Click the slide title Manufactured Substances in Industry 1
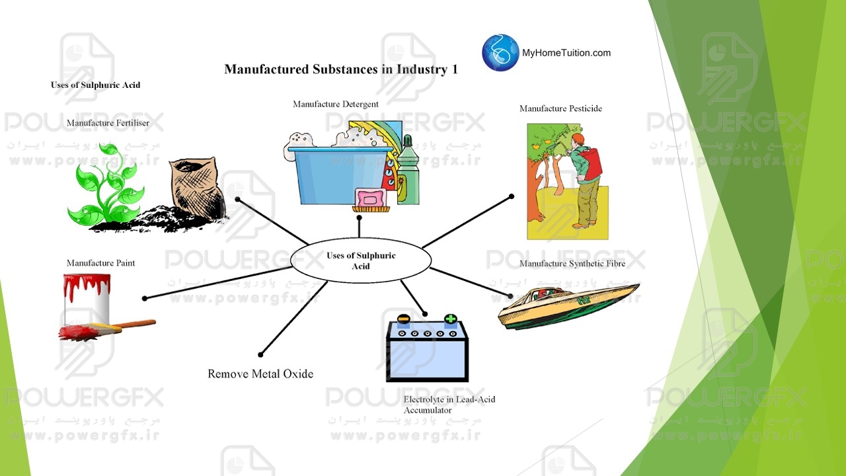[341, 69]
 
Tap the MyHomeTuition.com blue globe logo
[500, 52]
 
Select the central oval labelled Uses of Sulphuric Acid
[361, 261]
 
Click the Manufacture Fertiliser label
[108, 123]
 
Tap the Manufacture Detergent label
[335, 104]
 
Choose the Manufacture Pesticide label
[560, 108]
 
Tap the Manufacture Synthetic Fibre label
[572, 264]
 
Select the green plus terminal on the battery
[450, 319]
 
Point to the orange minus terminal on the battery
[403, 319]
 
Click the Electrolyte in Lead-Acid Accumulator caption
[449, 405]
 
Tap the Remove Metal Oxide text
[260, 374]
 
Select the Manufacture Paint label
[100, 263]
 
